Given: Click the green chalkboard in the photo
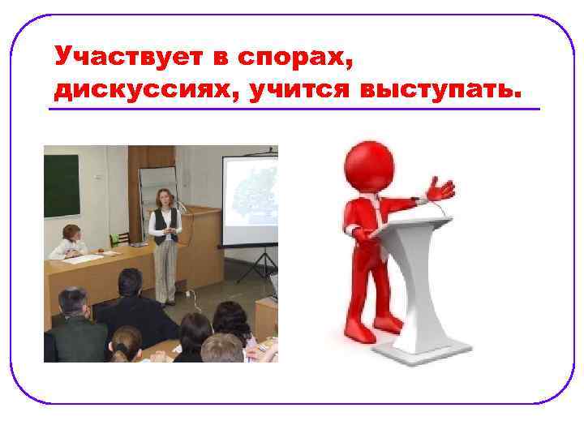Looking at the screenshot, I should [62, 185].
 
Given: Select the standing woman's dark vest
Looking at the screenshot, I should [165, 222].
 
